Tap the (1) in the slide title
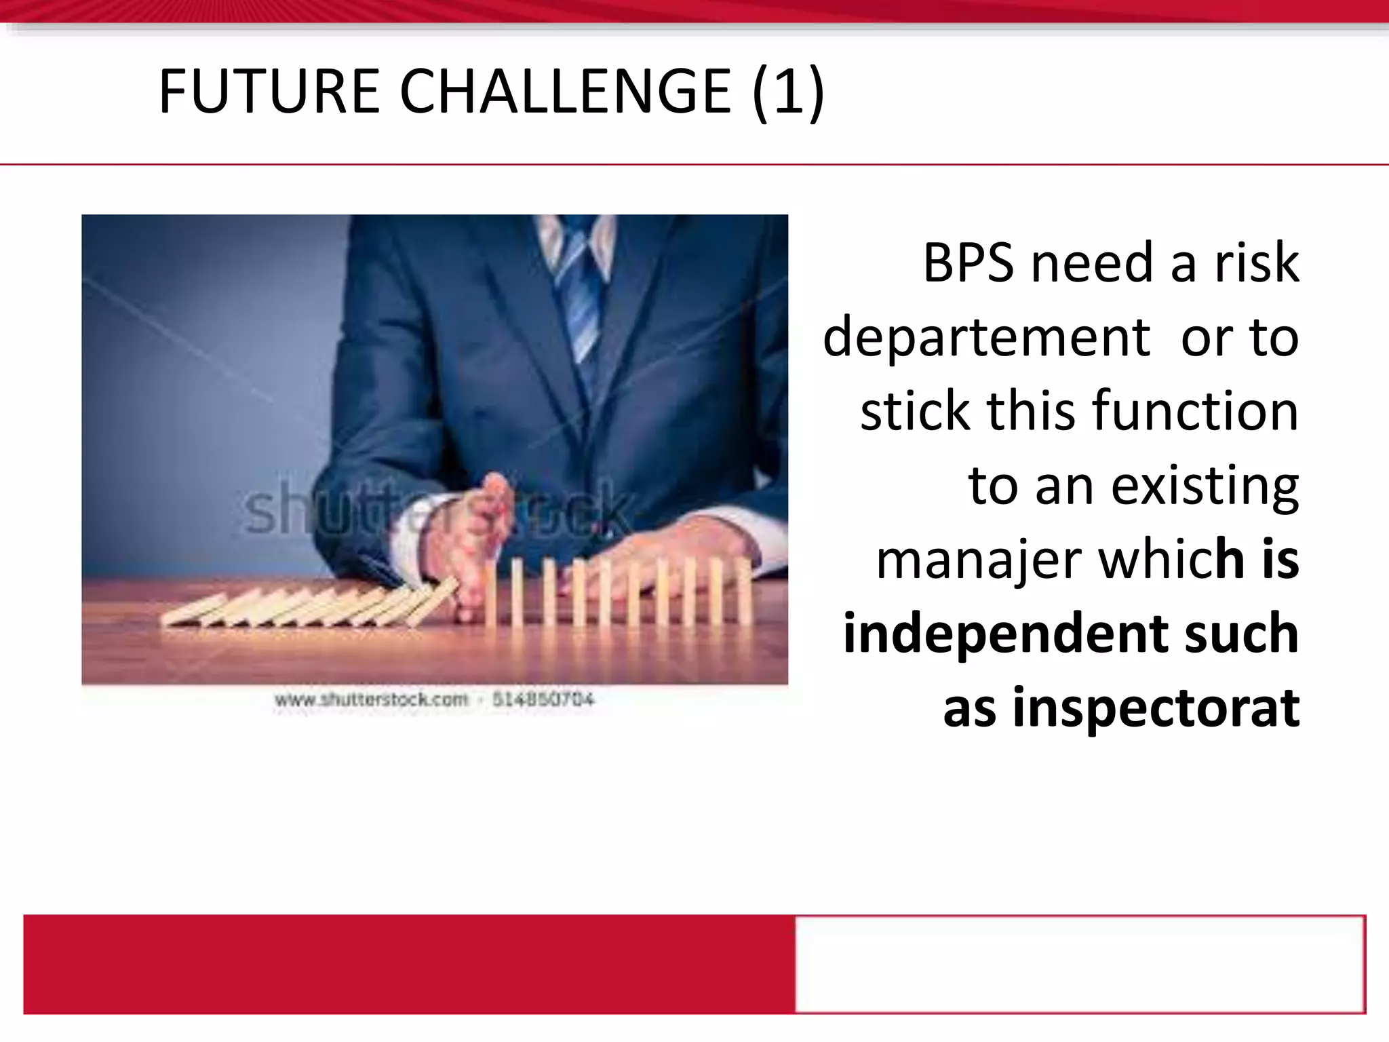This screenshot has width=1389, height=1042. coord(787,92)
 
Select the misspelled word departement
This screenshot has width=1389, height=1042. coord(986,338)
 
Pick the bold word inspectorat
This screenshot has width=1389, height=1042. coord(1156,708)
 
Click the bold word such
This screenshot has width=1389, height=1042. coord(1241,634)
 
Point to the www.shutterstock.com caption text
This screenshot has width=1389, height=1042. coord(371,699)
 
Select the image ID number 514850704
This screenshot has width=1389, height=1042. coord(543,699)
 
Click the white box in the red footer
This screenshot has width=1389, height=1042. coord(1079,963)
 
